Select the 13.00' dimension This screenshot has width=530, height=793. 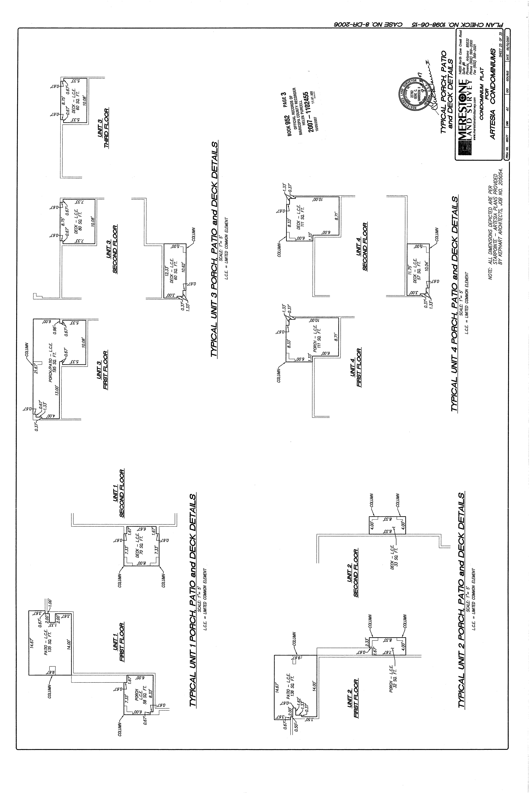(57, 391)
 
